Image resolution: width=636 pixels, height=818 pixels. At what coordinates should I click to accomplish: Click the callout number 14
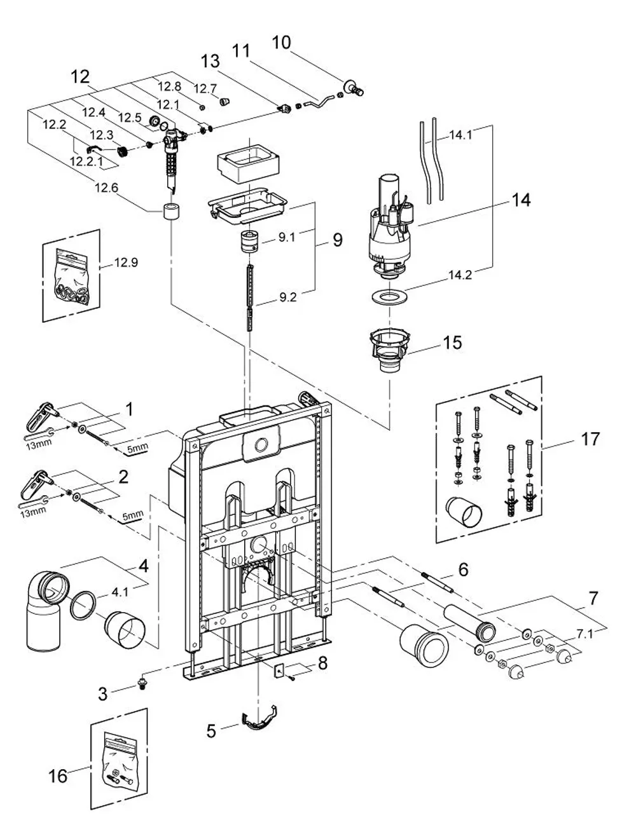pyautogui.click(x=520, y=200)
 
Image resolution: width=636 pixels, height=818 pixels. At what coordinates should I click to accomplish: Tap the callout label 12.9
pyautogui.click(x=126, y=262)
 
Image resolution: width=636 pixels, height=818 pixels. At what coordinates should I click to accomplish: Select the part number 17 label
pyautogui.click(x=590, y=439)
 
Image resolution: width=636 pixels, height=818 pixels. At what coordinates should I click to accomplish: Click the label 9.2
pyautogui.click(x=287, y=297)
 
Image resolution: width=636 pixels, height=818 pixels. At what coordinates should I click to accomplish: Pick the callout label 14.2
pyautogui.click(x=460, y=275)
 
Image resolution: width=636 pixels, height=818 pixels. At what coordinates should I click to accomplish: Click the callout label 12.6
pyautogui.click(x=106, y=187)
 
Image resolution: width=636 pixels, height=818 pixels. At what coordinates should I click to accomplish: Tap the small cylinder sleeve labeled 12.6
pyautogui.click(x=171, y=211)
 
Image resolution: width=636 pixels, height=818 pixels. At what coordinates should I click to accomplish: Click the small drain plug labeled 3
pyautogui.click(x=142, y=683)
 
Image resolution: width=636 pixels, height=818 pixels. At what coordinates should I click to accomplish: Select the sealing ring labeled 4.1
pyautogui.click(x=83, y=606)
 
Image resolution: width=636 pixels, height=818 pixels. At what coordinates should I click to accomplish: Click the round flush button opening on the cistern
pyautogui.click(x=261, y=445)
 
